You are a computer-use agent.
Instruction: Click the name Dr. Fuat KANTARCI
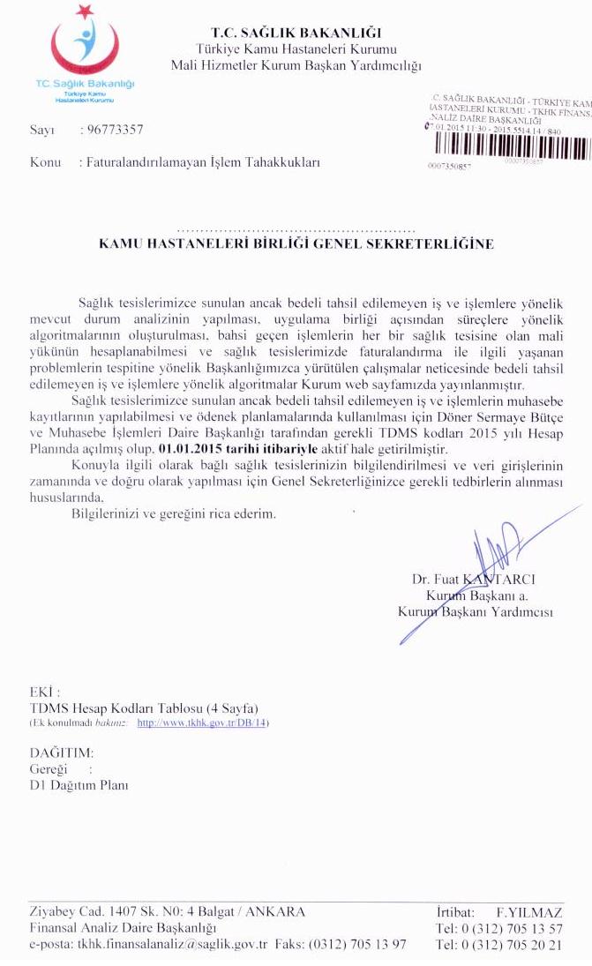[485, 580]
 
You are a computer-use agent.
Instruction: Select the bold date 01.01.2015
[187, 449]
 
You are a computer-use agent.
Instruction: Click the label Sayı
[41, 130]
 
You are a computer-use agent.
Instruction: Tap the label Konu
[45, 162]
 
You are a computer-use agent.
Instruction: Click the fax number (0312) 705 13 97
[357, 944]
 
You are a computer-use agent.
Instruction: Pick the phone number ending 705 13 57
[499, 928]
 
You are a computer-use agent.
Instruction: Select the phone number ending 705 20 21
[499, 945]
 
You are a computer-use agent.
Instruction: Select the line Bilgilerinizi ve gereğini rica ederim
[174, 514]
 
